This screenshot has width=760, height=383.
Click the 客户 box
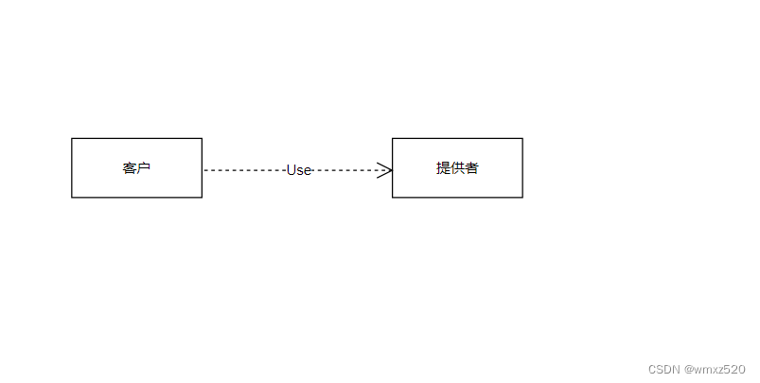coord(136,168)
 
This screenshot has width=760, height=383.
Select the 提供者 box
coord(457,168)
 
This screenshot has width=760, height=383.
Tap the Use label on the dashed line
coord(299,170)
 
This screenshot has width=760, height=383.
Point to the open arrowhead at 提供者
coord(385,170)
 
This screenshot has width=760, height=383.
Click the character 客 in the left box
coord(130,168)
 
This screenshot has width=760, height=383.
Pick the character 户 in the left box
coord(144,168)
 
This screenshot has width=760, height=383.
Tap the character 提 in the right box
coord(443,168)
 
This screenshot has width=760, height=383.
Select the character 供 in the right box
coord(457,168)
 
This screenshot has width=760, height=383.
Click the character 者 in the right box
coord(471,168)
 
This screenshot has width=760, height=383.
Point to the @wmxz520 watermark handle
coord(716,369)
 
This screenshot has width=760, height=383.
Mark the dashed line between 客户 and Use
coord(244,170)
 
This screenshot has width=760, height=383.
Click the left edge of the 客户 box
coord(72,168)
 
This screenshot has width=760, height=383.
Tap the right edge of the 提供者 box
coord(522,168)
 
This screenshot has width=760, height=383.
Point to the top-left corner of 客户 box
coord(72,139)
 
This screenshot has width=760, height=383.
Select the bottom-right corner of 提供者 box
coord(522,198)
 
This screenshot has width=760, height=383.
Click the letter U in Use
coord(292,170)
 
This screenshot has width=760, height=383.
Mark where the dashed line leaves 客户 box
coord(203,170)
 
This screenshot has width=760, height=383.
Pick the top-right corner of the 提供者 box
coord(522,139)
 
